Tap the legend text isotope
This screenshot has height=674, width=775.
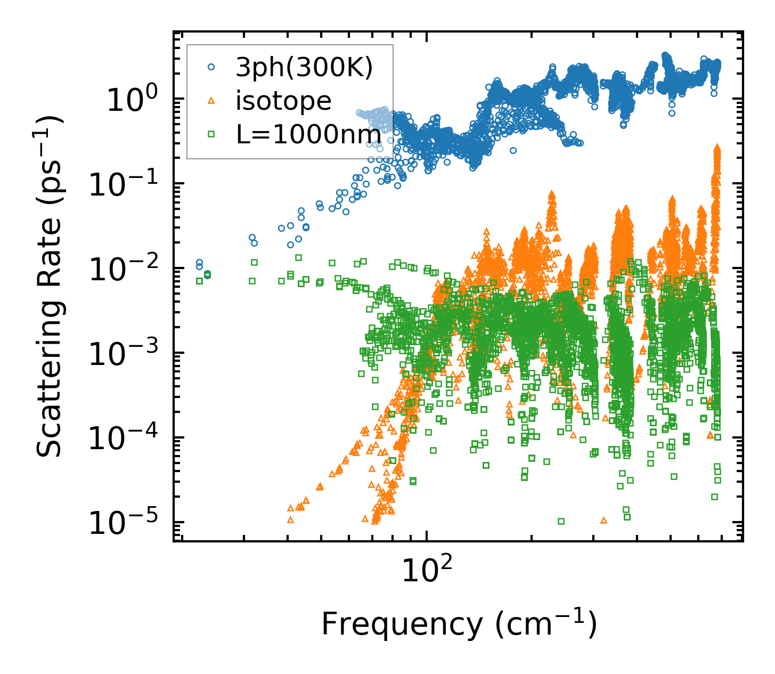(x=283, y=101)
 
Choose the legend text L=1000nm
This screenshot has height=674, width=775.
(x=308, y=134)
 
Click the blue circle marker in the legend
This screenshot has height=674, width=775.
(x=211, y=67)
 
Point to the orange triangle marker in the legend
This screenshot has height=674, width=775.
(x=211, y=100)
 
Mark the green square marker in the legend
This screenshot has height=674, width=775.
(x=211, y=134)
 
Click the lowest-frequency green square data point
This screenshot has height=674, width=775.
(x=200, y=281)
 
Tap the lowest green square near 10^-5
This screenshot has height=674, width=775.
(x=561, y=521)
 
